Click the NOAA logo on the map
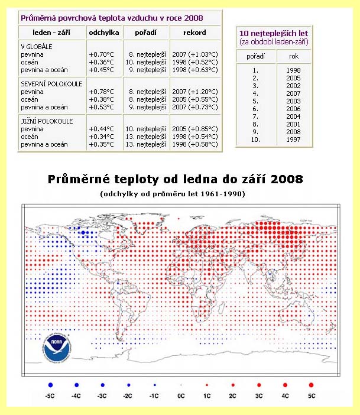pos(56,349)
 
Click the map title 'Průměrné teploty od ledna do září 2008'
pos(180,179)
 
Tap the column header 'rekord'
pos(195,33)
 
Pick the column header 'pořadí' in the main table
pos(145,33)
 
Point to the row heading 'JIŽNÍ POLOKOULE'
pos(46,121)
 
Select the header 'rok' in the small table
pos(293,57)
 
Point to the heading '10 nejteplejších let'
pos(273,33)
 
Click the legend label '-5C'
pos(51,395)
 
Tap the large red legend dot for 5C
pos(311,385)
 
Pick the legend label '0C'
pos(181,395)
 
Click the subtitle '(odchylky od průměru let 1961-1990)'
pos(180,194)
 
